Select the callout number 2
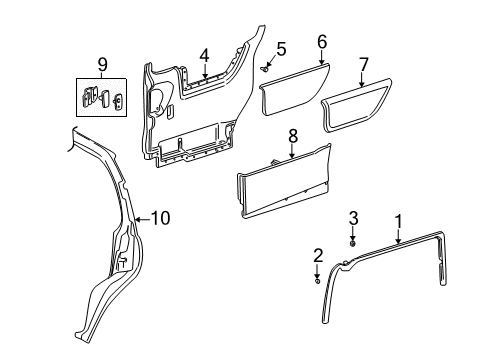[317, 255]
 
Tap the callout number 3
[353, 246]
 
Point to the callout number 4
[203, 55]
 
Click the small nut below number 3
[353, 270]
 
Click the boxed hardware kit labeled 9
[102, 101]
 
